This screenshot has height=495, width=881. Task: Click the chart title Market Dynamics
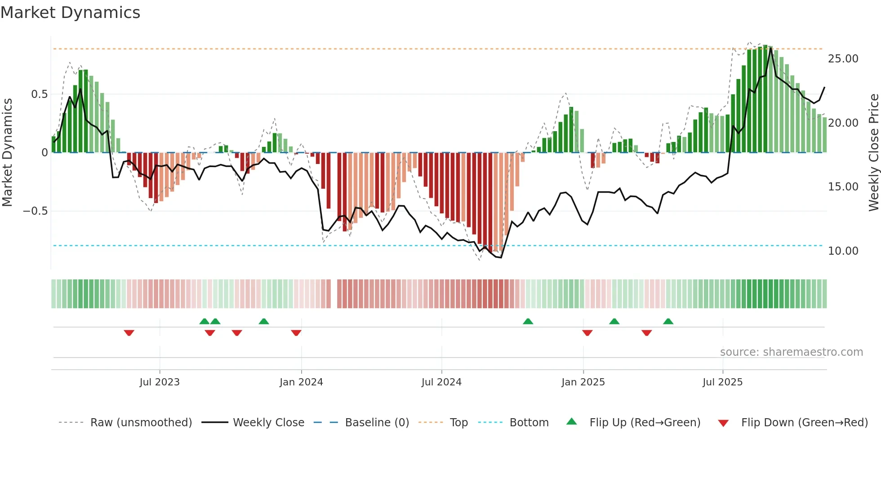tap(70, 13)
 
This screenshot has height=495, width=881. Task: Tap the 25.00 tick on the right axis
tap(843, 59)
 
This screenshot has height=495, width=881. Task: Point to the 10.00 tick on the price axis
tap(843, 251)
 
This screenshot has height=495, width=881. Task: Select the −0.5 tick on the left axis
tap(35, 211)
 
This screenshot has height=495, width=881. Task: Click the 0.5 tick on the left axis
tap(39, 94)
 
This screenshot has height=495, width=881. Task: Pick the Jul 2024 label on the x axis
tap(441, 382)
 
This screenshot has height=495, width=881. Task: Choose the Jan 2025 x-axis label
tap(583, 382)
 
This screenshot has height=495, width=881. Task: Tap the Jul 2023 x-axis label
tap(159, 382)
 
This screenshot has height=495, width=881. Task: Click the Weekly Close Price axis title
tap(873, 152)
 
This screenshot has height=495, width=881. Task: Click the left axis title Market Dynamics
tap(7, 152)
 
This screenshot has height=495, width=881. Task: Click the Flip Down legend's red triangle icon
tap(723, 423)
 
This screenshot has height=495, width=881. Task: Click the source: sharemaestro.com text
tap(791, 352)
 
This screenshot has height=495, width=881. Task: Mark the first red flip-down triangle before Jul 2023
tap(129, 333)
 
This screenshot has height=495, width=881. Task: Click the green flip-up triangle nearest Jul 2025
tap(668, 321)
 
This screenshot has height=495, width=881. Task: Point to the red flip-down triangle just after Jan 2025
tap(587, 333)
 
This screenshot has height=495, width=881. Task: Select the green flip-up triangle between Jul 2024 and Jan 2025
tap(528, 321)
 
